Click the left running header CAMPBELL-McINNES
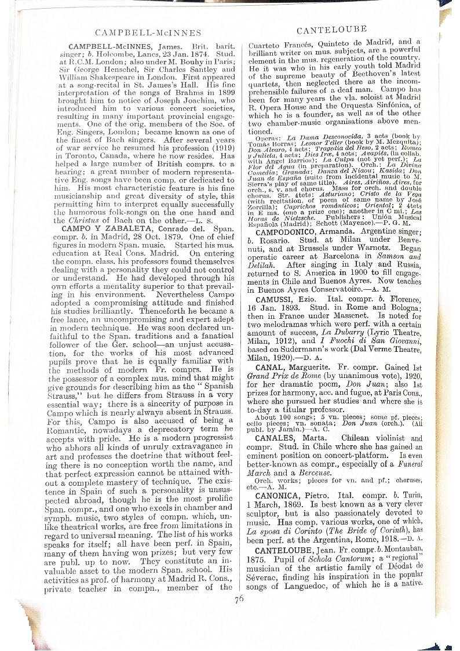pyautogui.click(x=148, y=32)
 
